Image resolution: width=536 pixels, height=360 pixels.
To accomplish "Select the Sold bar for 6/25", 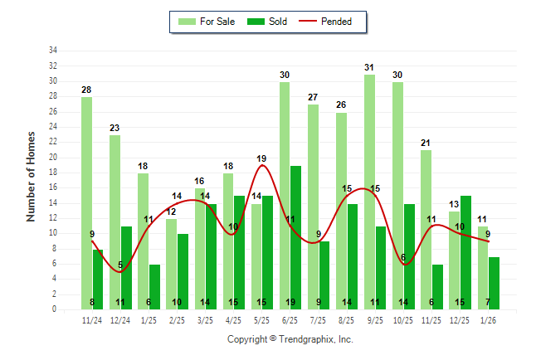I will click(x=296, y=237).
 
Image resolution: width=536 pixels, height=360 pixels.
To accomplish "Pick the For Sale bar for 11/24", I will click(x=86, y=203).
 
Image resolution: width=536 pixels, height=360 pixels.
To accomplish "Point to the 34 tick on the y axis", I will click(x=53, y=51).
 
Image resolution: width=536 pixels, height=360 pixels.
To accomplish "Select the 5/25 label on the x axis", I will click(x=261, y=319).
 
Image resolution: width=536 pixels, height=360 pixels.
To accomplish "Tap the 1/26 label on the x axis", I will click(x=488, y=319).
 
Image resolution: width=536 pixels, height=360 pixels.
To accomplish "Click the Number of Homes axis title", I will click(x=32, y=176).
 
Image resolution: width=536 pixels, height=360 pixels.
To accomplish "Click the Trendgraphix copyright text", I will click(x=290, y=339).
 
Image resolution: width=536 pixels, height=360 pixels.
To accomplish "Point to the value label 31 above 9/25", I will click(x=369, y=67).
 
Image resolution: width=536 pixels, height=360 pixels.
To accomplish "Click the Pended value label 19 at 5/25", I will click(x=261, y=158).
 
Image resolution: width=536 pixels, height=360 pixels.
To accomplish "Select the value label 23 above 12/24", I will click(x=115, y=128).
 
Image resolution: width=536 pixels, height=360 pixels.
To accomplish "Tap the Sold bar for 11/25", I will click(x=437, y=286).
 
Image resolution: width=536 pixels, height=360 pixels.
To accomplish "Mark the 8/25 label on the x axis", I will click(x=346, y=319).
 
